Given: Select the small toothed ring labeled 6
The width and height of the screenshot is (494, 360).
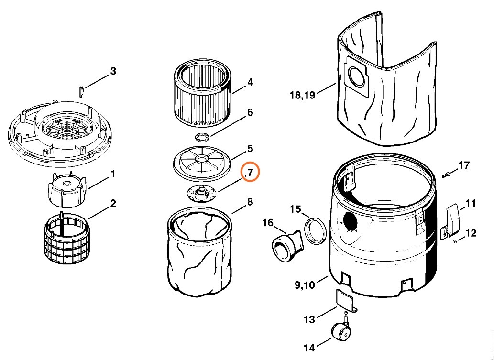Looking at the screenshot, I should coord(203,137).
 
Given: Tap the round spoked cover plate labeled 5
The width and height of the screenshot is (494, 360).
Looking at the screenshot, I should coord(201,163).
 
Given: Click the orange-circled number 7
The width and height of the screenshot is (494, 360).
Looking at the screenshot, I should coord(250,173).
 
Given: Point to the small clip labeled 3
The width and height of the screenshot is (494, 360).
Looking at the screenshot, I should coord(82,89).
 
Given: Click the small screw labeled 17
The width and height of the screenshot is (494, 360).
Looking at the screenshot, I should coord(446,174).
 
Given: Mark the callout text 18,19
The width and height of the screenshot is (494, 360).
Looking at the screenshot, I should coord(302,95).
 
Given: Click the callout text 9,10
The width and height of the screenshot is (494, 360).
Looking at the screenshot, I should coord(304,285).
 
